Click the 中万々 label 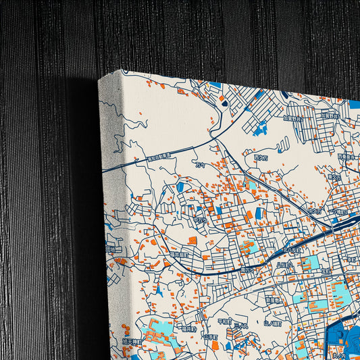pos(201,218)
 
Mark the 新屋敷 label pos(272,299)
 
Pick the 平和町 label pos(224,322)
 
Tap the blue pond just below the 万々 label pos(180,187)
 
